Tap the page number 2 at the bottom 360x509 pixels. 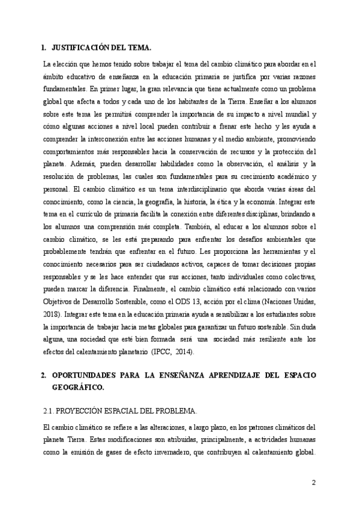pos(314,483)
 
